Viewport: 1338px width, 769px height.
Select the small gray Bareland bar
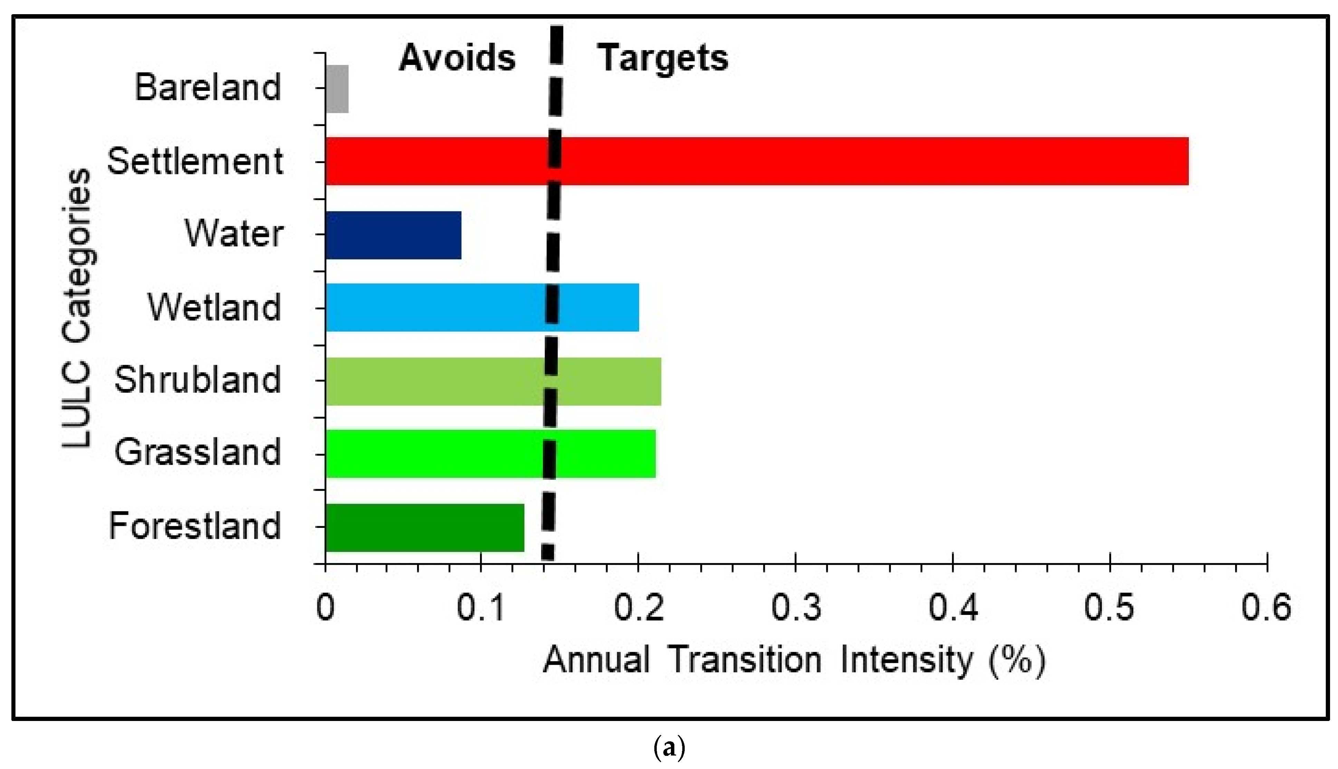[x=337, y=89]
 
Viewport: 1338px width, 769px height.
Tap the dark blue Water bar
[x=393, y=235]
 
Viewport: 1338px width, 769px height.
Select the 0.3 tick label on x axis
[x=796, y=607]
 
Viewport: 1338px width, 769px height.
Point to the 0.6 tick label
[x=1266, y=607]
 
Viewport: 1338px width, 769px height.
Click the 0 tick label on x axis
[x=325, y=607]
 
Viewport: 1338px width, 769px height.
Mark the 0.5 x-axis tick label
[x=1109, y=607]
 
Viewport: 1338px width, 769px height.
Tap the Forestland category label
[x=195, y=526]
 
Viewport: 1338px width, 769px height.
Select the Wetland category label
[x=214, y=307]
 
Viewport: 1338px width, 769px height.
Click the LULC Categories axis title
[x=78, y=309]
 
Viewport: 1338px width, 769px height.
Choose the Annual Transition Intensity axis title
[x=794, y=660]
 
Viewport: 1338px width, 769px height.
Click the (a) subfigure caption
[x=669, y=748]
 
